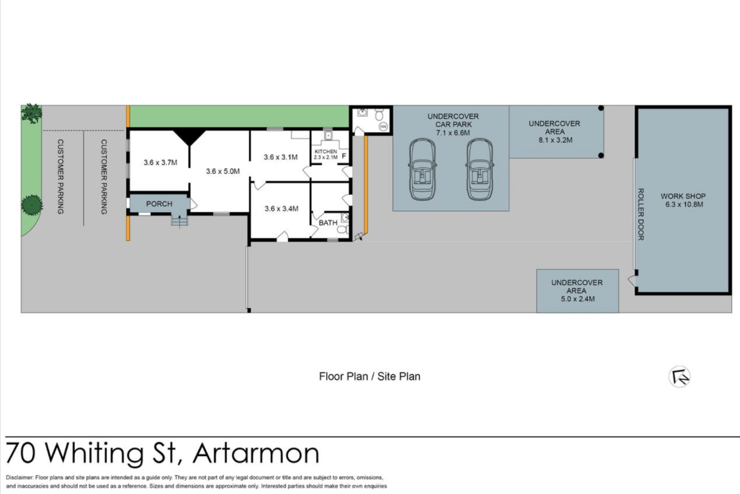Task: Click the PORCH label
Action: (159, 204)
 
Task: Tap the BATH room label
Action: (328, 223)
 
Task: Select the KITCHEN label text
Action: (326, 151)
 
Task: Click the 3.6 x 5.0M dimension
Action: (223, 171)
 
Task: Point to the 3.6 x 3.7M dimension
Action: (160, 163)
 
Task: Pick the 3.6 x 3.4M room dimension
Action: (281, 209)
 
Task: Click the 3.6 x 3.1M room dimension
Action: (281, 157)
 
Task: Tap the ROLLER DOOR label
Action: (641, 214)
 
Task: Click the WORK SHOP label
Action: (683, 196)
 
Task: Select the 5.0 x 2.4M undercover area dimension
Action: (578, 299)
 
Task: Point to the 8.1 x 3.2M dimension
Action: (556, 140)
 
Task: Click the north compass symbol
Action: (680, 377)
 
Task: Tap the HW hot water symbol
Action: (383, 127)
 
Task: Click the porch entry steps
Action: (179, 220)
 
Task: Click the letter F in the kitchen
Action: (344, 156)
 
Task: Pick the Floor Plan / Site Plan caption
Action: (369, 376)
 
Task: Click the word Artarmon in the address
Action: (256, 454)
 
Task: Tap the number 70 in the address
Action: (21, 454)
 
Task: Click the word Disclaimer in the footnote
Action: (20, 478)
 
